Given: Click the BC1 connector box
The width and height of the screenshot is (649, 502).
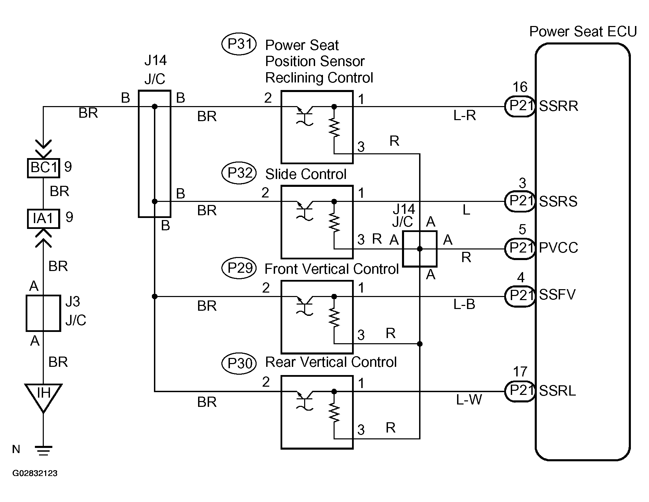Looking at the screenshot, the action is [43, 168].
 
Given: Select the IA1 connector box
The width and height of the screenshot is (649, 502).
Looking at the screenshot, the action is [43, 218].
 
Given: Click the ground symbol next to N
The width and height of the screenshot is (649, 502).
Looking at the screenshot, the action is [43, 451].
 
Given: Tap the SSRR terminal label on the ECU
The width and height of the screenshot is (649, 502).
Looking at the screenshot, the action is [558, 106].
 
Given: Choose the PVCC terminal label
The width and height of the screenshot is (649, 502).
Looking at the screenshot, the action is [558, 248].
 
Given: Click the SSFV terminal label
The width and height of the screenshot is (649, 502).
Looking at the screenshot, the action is [557, 295].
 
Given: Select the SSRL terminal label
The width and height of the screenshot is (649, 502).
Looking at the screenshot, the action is [557, 390].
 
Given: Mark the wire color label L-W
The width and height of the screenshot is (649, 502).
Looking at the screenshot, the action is [469, 399].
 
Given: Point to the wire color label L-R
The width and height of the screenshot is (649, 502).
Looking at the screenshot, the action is [465, 116].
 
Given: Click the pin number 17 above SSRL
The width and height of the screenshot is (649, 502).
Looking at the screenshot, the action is [520, 372].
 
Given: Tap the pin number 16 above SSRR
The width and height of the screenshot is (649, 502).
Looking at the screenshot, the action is [520, 87].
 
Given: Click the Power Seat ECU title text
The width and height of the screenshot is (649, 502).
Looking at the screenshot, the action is [583, 31].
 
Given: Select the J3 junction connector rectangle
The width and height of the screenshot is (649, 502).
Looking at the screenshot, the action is [43, 313].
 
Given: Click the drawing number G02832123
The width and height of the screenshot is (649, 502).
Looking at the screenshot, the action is [35, 473].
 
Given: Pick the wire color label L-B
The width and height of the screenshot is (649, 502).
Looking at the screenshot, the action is [464, 304].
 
